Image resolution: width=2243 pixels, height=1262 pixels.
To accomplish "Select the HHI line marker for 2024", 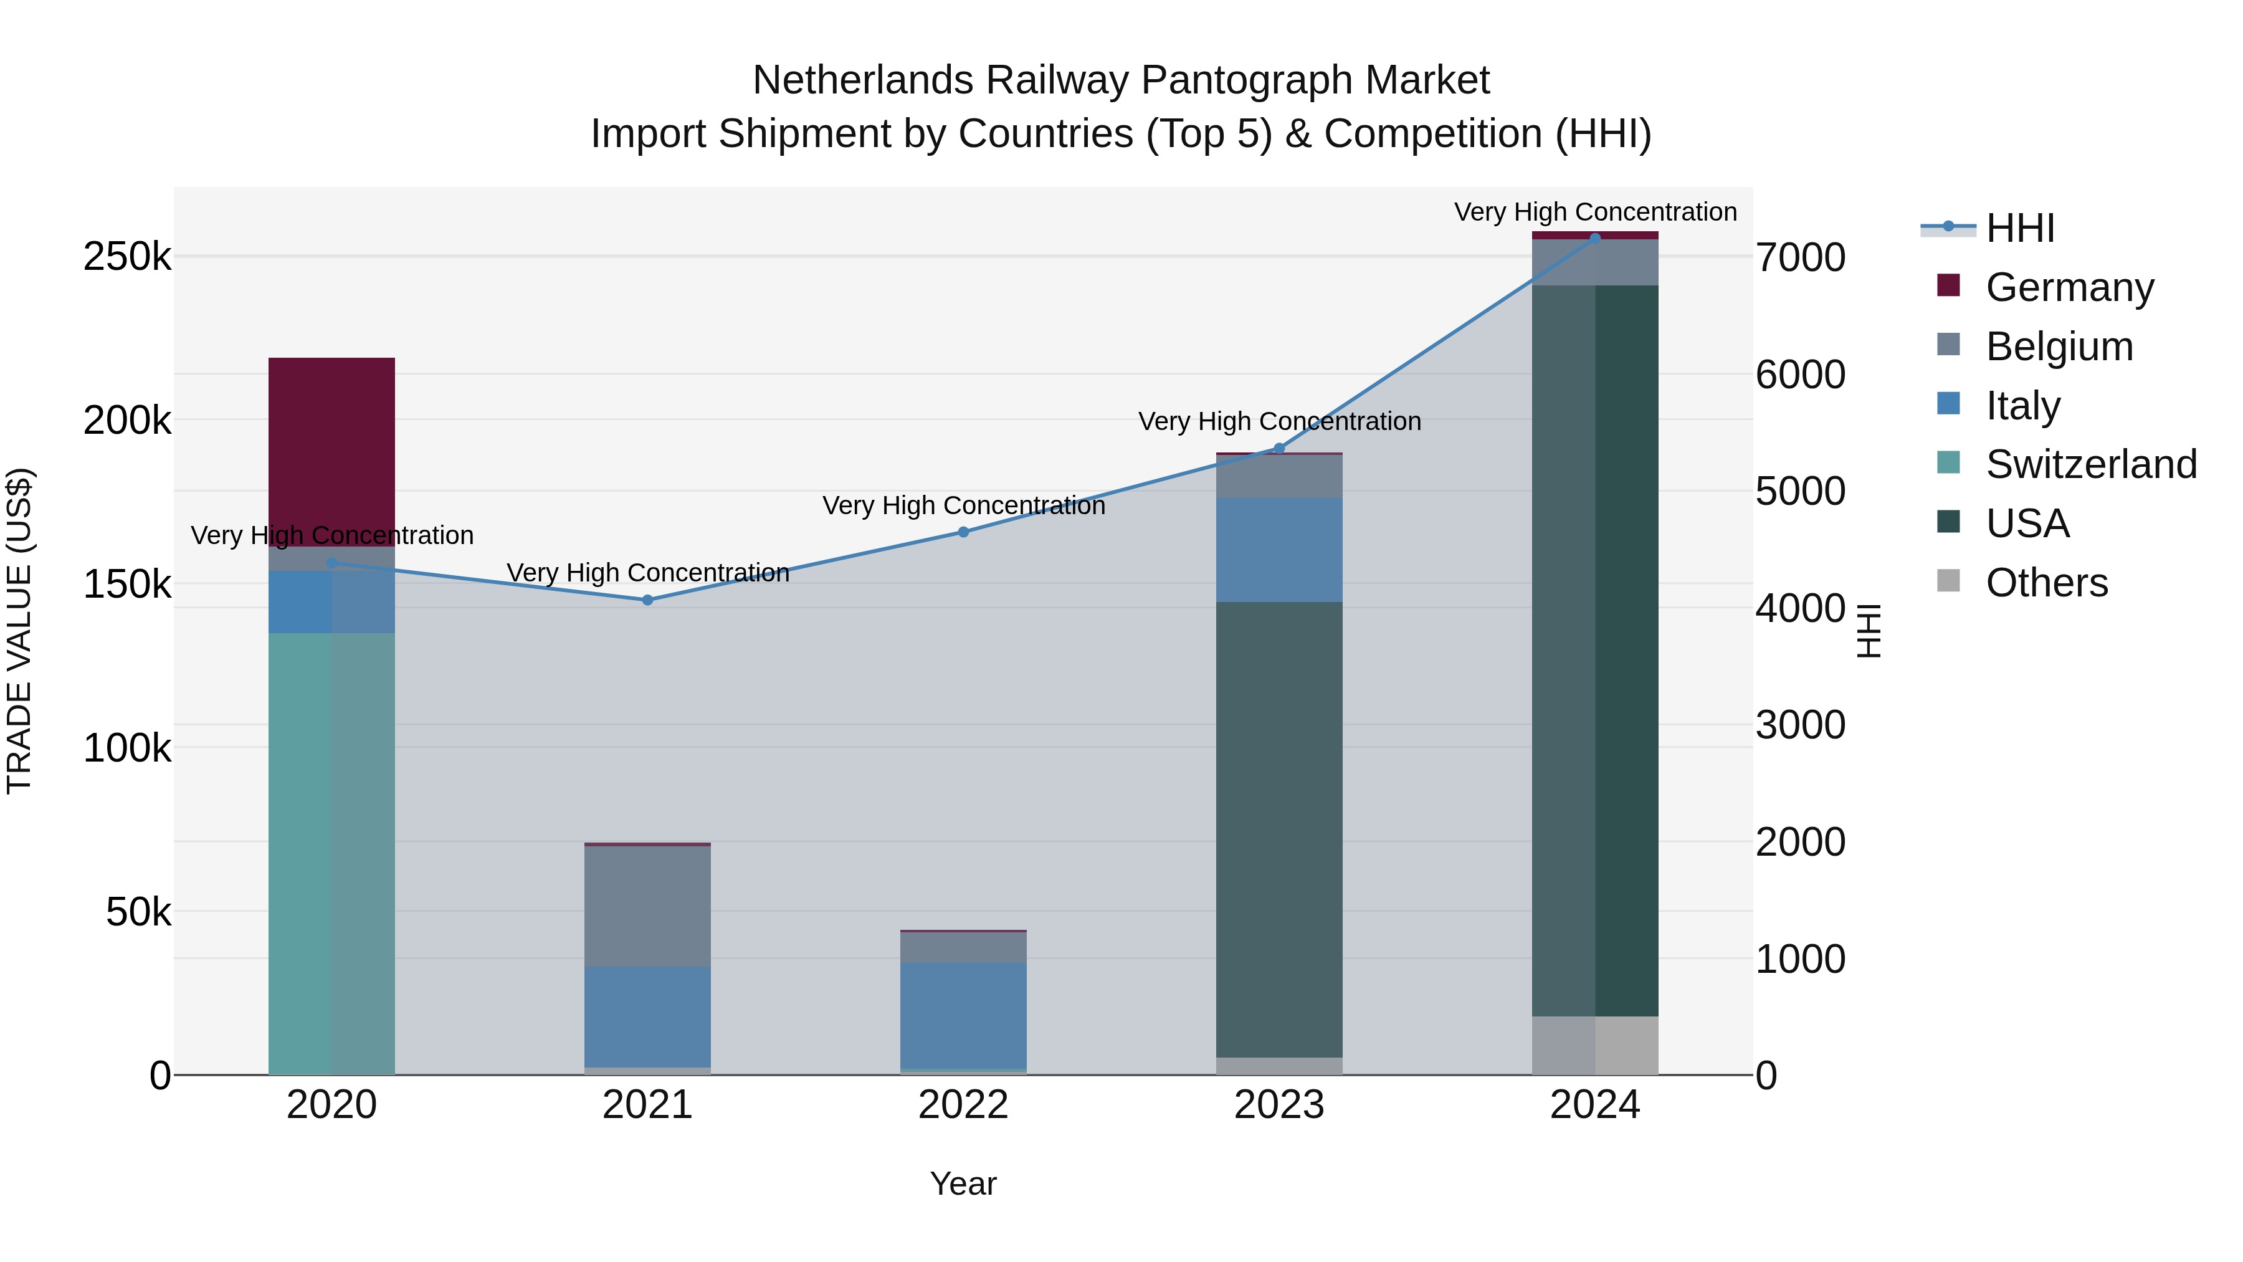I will click(1595, 238).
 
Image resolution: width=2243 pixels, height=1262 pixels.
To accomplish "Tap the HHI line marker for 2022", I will click(963, 532).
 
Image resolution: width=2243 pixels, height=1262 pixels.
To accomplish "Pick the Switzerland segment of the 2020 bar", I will click(331, 854).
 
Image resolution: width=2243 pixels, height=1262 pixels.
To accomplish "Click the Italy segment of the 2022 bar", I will click(963, 1016).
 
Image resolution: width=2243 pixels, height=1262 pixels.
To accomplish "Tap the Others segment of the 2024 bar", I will click(1595, 1045).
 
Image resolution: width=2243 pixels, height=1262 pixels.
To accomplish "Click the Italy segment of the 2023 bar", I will click(1279, 550).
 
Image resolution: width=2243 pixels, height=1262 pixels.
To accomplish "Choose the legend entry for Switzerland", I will click(2090, 464).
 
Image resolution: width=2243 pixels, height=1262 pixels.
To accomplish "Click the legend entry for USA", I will click(2026, 523).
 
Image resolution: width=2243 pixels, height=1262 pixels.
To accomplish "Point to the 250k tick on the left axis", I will click(127, 257).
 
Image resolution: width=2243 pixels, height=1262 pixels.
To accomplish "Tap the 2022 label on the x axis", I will click(963, 1105).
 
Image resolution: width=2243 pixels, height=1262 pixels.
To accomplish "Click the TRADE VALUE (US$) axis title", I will click(19, 631).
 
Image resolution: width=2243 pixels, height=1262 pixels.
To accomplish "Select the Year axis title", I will click(963, 1183).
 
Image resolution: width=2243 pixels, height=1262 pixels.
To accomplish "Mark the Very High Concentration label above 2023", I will click(1279, 421).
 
